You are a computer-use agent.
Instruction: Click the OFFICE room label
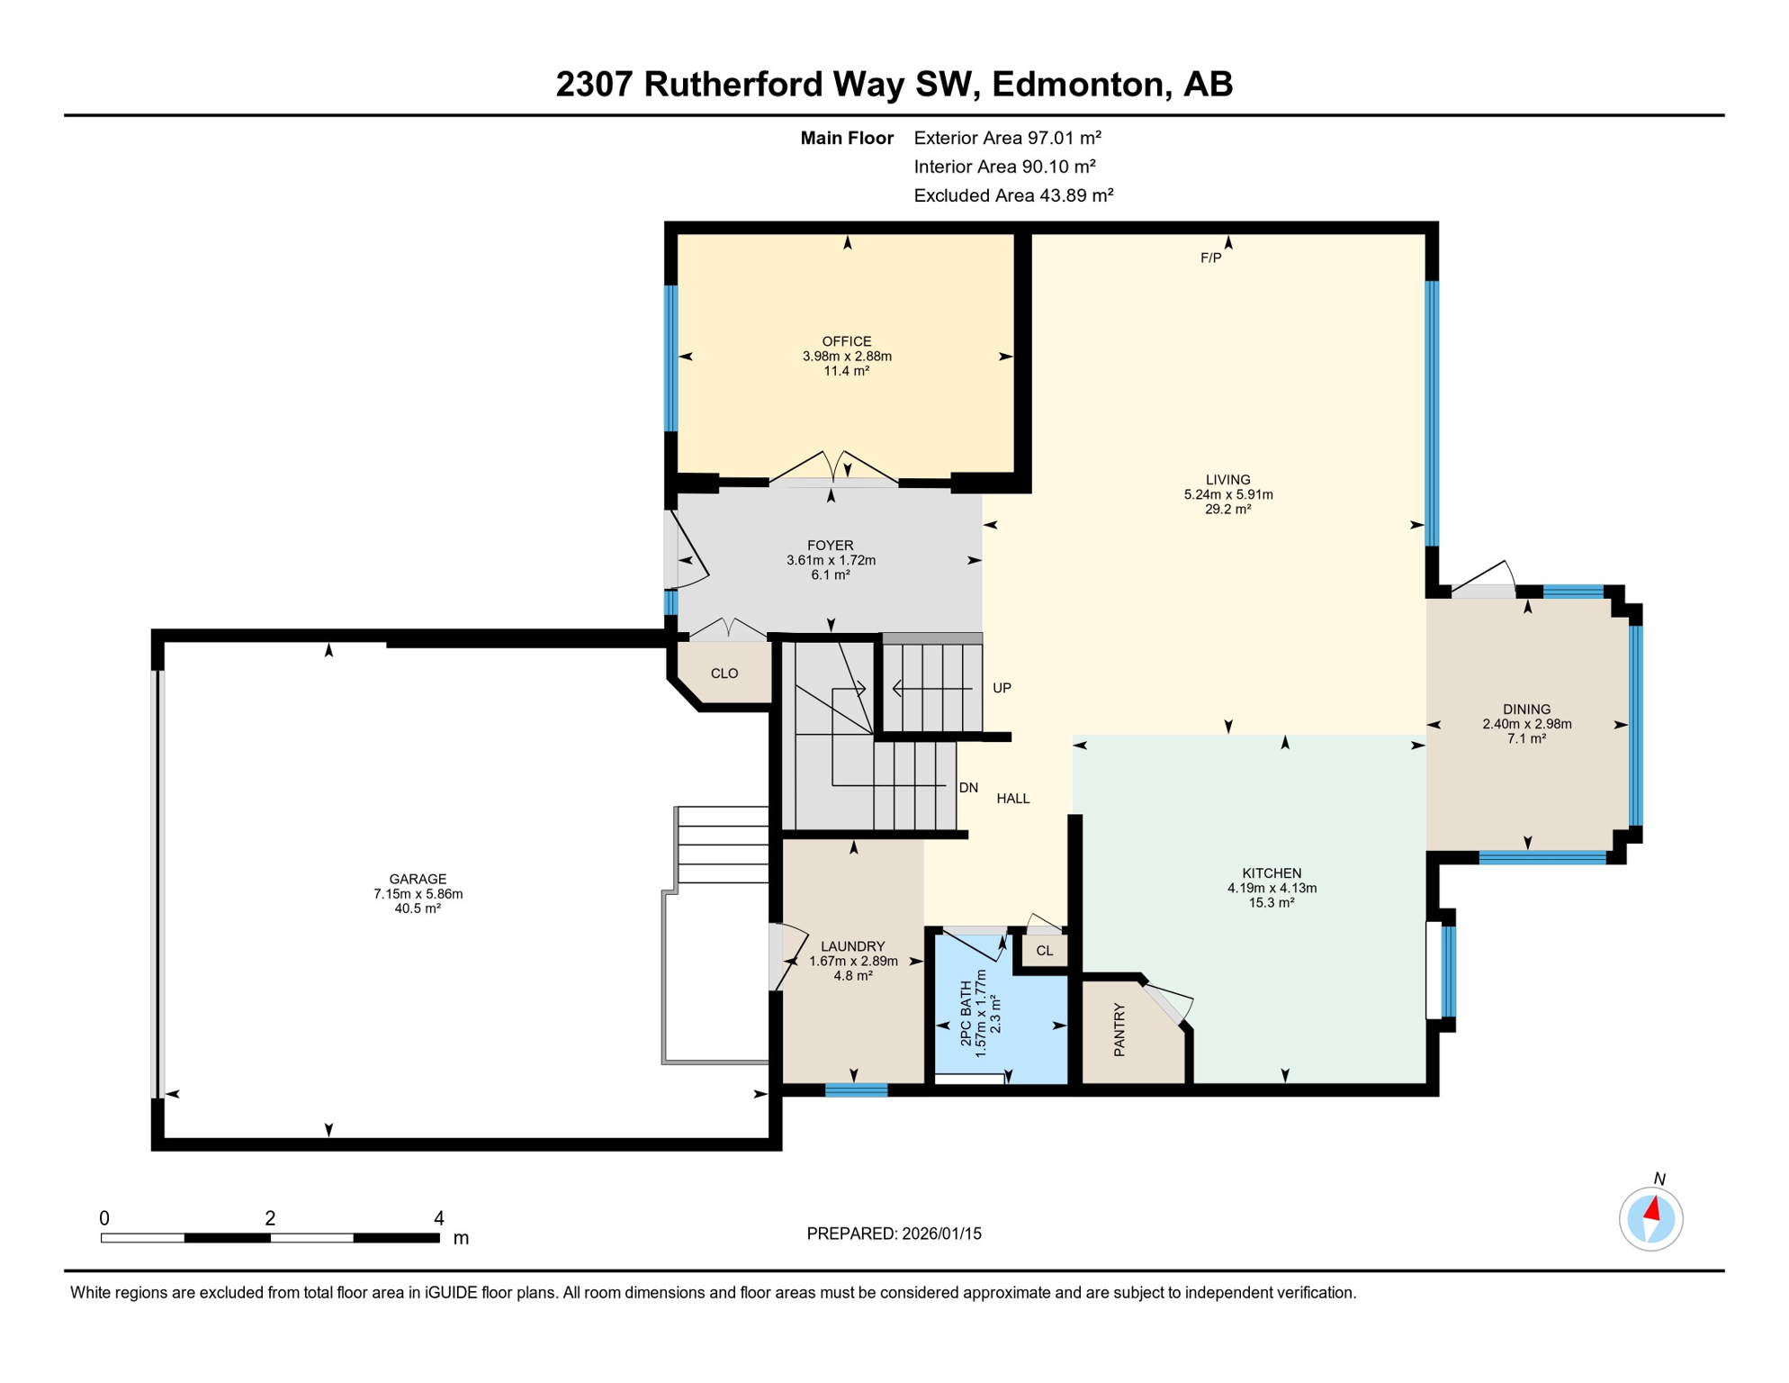(846, 341)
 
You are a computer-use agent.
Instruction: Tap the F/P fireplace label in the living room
(1210, 258)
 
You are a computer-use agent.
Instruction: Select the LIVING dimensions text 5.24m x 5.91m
(1227, 494)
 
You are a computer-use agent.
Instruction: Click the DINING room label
(1526, 710)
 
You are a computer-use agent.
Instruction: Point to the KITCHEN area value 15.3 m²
(1271, 902)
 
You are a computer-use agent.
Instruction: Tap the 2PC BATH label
(966, 1013)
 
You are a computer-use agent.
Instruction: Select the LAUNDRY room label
(852, 946)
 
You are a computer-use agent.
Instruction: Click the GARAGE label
(418, 879)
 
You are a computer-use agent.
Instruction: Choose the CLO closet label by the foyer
(724, 673)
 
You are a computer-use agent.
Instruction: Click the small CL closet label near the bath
(1044, 951)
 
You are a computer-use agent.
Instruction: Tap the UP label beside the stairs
(1002, 688)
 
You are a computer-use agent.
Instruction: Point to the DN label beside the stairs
(968, 788)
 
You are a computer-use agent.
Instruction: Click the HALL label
(1012, 799)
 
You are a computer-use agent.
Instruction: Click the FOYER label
(830, 546)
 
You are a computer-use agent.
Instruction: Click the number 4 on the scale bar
(439, 1218)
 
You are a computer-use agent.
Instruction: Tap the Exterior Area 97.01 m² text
(1007, 138)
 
